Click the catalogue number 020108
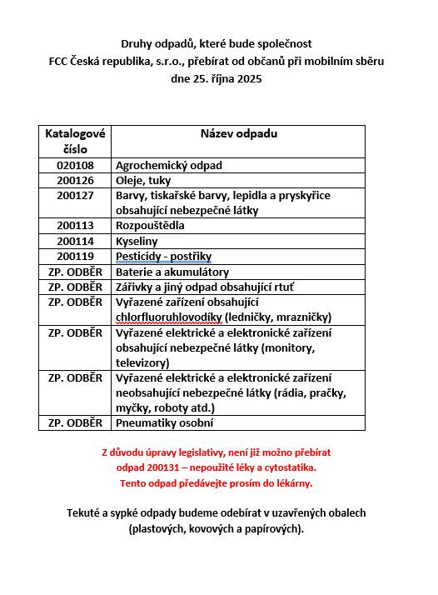pos(75,166)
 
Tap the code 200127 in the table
pos(75,195)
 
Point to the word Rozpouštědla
pos(150,226)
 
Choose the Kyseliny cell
pos(137,241)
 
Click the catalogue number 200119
pos(75,256)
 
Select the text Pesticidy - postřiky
pos(163,256)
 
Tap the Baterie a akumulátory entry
pos(172,272)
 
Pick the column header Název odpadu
pos(238,133)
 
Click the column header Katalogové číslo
pos(75,141)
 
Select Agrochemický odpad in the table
pos(169,166)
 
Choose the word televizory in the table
pos(141,362)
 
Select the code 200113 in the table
pos(75,226)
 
